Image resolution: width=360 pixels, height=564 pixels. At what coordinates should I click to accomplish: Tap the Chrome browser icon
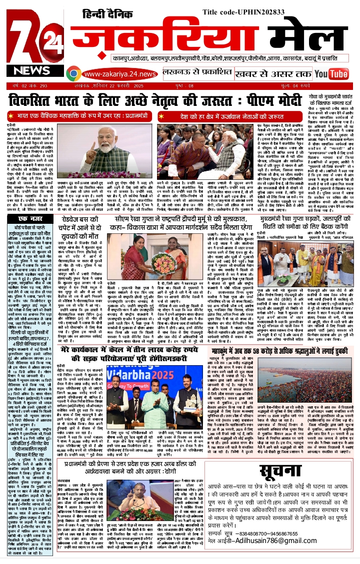(74, 74)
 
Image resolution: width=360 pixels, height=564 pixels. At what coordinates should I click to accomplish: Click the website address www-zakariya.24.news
(114, 74)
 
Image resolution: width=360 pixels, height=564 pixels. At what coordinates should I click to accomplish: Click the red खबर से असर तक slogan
(279, 74)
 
